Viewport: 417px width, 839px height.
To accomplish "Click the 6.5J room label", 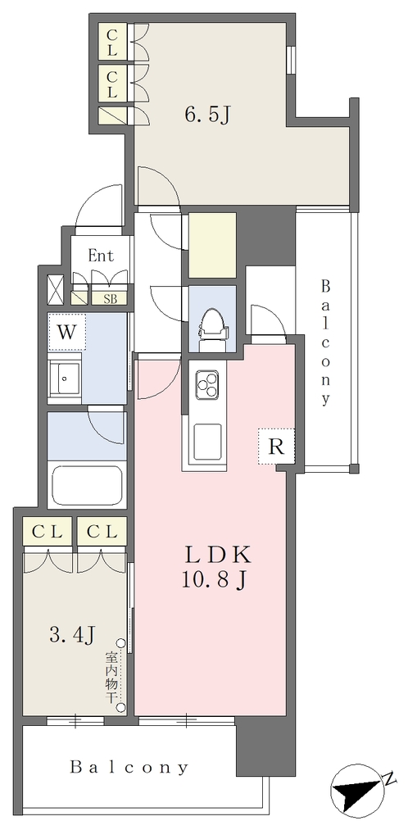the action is point(208,115).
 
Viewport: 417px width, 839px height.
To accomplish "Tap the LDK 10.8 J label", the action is point(217,567).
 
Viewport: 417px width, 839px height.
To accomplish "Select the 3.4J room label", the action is point(72,635).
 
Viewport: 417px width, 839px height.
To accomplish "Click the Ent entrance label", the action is point(101,256).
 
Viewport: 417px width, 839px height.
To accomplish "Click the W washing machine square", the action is point(66,333).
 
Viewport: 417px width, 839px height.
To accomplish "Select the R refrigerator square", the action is point(276,447).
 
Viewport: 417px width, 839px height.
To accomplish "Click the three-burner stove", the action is point(207,383).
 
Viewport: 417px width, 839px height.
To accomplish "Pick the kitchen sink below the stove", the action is point(207,442).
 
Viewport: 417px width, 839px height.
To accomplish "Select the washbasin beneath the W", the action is point(64,379).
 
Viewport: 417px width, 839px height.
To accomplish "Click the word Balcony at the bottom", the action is point(129,768).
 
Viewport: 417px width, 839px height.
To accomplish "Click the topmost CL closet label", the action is point(111,42).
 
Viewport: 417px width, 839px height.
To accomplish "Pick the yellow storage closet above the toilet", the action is point(212,246).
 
